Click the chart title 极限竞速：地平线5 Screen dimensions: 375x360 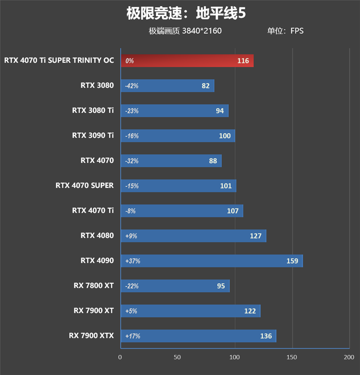tap(186, 13)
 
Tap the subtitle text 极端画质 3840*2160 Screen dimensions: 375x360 tap(185, 31)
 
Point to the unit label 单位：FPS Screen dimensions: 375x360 tap(285, 31)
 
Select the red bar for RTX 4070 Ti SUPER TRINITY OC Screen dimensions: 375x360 tap(187, 61)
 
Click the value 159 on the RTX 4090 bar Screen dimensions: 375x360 tap(292, 261)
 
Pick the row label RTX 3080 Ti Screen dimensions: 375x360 tap(93, 111)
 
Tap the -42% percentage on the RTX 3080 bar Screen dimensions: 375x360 tap(132, 86)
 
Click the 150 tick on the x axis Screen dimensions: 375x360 tap(292, 357)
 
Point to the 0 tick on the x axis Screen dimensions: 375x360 tap(120, 357)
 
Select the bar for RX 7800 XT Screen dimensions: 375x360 tap(175, 286)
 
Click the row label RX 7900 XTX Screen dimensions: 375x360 tap(91, 335)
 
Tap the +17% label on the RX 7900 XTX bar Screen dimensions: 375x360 tap(133, 336)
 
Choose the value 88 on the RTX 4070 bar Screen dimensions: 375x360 tap(213, 161)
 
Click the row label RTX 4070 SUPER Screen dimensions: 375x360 tap(85, 185)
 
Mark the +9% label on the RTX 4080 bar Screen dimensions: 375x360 tap(131, 236)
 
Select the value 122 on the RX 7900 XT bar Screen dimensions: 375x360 tap(250, 311)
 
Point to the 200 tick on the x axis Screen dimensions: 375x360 tap(349, 357)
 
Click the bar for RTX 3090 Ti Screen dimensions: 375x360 tap(178, 136)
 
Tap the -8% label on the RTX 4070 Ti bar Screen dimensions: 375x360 tap(130, 211)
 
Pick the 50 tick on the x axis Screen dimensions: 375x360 tap(177, 357)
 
